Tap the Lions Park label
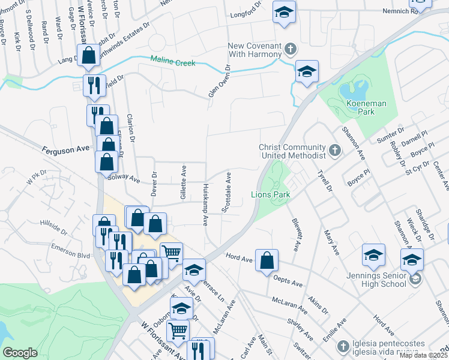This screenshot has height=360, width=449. click(270, 195)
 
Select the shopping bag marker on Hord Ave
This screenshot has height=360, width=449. click(267, 261)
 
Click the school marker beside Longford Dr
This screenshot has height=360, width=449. click(283, 12)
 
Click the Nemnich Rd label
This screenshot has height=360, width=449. click(399, 11)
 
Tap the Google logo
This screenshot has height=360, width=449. click(20, 353)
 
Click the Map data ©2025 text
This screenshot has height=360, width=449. click(424, 355)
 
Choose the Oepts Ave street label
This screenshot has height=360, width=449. click(286, 276)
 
